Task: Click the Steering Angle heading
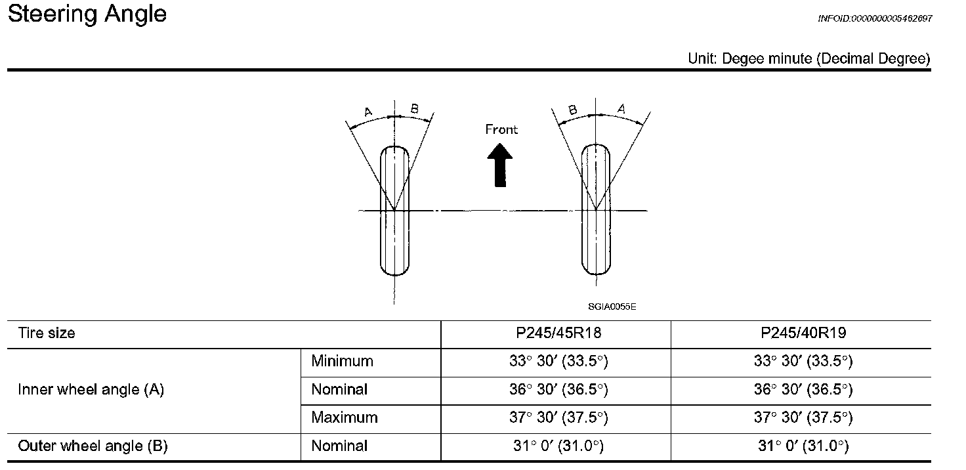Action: click(x=87, y=14)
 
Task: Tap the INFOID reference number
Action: click(x=875, y=18)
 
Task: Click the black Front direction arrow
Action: click(x=500, y=165)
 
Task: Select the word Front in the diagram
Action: click(x=501, y=129)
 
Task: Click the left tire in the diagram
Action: click(x=394, y=211)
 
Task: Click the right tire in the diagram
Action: click(x=596, y=209)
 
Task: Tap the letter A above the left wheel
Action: click(x=368, y=112)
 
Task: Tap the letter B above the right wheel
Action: click(x=573, y=110)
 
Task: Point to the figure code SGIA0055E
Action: click(x=612, y=307)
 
